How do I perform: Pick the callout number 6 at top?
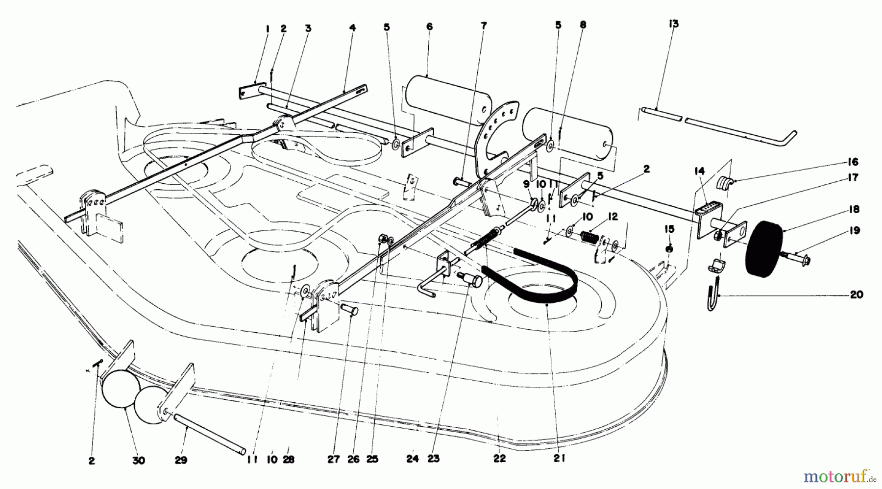(429, 26)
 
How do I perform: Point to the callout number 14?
(699, 171)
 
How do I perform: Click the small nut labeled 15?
(670, 249)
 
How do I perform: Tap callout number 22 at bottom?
(499, 459)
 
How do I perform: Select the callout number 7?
(484, 26)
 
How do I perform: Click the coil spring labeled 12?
(589, 237)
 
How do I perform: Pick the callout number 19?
(854, 230)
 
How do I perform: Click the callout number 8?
(583, 24)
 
